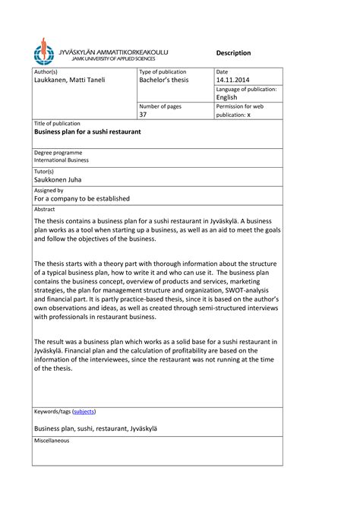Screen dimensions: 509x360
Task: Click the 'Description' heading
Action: (x=233, y=52)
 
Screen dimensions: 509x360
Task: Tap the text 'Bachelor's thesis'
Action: (x=164, y=80)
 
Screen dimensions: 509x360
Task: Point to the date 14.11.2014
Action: (x=232, y=80)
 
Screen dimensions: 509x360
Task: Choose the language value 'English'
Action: (x=226, y=97)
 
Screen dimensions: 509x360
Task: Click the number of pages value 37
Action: (x=144, y=115)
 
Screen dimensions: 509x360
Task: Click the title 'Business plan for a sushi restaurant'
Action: (x=88, y=131)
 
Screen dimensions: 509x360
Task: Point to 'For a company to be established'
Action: (x=82, y=198)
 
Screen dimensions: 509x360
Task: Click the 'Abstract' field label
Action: (x=46, y=208)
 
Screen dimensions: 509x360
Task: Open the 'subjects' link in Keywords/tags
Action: (x=84, y=411)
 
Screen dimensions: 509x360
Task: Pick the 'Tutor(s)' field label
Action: (x=46, y=172)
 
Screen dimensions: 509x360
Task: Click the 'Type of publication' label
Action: (x=163, y=71)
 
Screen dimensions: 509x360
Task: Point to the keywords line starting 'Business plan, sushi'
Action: (x=93, y=428)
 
